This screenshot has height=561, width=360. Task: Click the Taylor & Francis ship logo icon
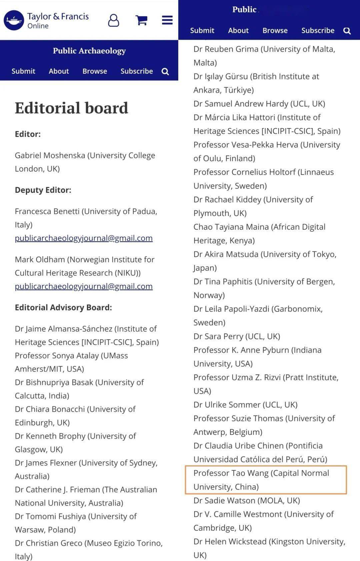[14, 20]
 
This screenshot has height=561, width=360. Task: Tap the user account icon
[113, 20]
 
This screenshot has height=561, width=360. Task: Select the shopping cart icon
[141, 20]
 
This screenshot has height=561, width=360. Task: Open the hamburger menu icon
[167, 20]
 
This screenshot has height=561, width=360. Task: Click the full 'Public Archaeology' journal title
[89, 51]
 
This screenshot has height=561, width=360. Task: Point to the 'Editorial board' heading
[71, 108]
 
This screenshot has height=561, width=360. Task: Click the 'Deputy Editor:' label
[43, 190]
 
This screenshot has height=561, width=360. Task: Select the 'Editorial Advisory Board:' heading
[63, 308]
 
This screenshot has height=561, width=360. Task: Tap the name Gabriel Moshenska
[50, 155]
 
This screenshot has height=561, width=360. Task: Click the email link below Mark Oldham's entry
[84, 286]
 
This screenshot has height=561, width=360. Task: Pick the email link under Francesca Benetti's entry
[84, 238]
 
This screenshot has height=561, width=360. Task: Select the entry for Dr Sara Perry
[237, 336]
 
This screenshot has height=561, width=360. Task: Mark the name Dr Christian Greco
[48, 543]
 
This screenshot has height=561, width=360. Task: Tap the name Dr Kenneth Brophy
[50, 436]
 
